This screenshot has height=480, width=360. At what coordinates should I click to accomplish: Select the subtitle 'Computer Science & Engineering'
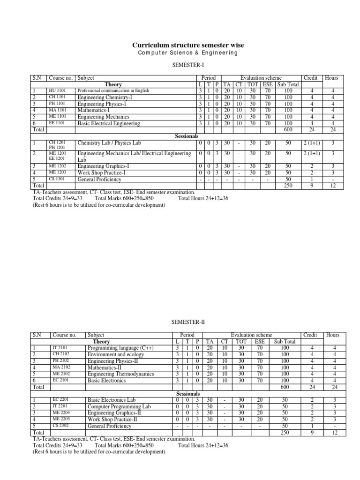coord(181,53)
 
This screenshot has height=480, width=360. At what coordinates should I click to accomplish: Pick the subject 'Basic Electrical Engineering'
coord(109,124)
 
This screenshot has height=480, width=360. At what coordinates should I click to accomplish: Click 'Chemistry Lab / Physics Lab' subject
coord(110,142)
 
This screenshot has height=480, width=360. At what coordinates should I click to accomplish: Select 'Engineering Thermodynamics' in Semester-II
coord(120,375)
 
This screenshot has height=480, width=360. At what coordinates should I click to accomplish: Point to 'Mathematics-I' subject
coord(93,111)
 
